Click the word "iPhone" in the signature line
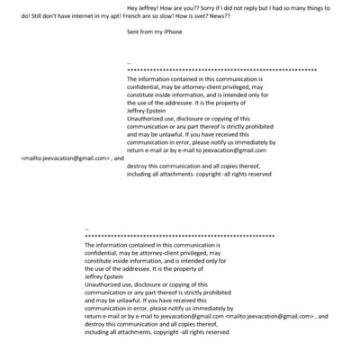pos(171,31)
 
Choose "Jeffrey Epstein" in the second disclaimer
pos(105,277)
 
